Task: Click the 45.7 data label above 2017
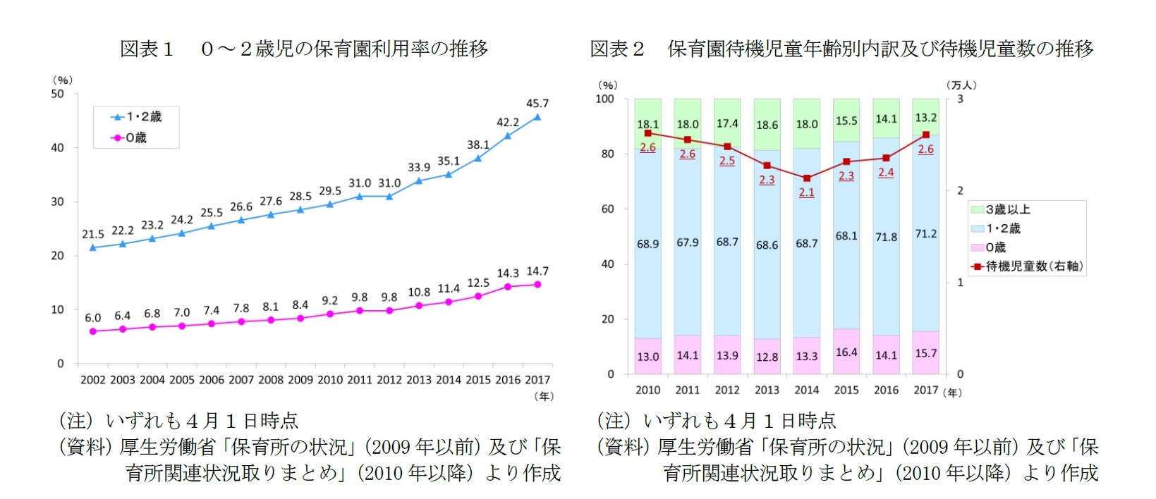click(537, 104)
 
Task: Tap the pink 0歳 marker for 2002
click(93, 331)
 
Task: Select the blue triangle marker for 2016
click(508, 136)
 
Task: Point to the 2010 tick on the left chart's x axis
click(330, 380)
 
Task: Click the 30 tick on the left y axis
click(57, 202)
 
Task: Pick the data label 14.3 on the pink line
click(508, 273)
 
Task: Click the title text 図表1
click(147, 49)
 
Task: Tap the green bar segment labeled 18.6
click(767, 125)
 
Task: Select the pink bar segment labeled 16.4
click(846, 352)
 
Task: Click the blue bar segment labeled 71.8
click(886, 237)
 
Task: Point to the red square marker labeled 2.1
click(807, 178)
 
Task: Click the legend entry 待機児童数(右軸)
click(1028, 266)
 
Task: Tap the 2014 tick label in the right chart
click(807, 390)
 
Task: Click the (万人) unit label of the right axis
click(961, 85)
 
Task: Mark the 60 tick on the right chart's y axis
click(607, 209)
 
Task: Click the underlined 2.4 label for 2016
click(886, 173)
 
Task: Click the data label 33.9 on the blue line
click(419, 168)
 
